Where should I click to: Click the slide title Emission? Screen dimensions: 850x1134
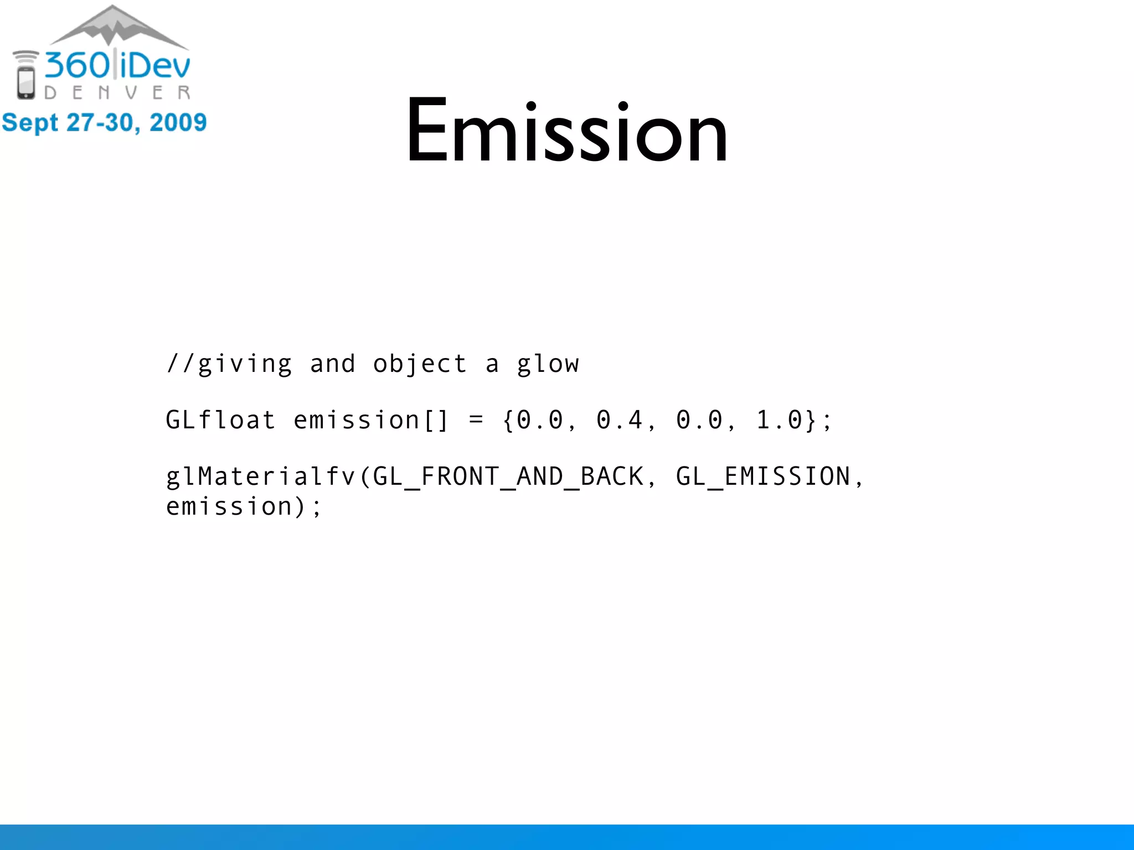tap(566, 131)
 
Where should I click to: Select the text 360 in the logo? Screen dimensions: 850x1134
tap(78, 65)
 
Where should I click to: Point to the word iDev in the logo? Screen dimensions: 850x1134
tap(155, 65)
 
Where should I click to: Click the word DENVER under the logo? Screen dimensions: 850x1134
tap(117, 92)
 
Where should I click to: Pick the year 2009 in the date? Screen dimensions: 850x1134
tap(178, 122)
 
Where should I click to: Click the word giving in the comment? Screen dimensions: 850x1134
tap(245, 365)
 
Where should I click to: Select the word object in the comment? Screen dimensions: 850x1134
tap(420, 365)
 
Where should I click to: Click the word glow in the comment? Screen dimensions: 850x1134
tap(548, 365)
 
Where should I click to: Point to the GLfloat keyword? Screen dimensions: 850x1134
tap(220, 420)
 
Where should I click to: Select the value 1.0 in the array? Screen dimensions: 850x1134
tap(779, 420)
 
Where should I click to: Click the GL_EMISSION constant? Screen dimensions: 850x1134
tap(763, 476)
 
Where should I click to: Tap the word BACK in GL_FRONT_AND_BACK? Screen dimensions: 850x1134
tap(612, 476)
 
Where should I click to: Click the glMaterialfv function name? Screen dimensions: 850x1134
tap(261, 476)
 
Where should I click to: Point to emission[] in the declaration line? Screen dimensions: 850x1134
tap(370, 420)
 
